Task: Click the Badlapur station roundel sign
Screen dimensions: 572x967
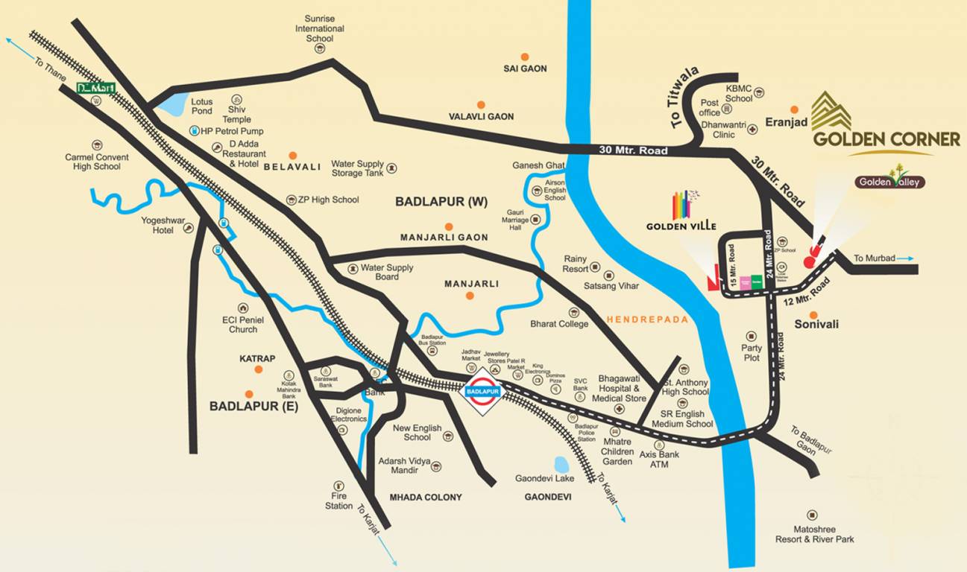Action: [482, 390]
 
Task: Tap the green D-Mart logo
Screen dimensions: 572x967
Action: [96, 88]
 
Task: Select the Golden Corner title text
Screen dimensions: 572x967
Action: [886, 139]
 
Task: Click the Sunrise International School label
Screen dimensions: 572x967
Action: [319, 28]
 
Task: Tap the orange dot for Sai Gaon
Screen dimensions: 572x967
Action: [525, 57]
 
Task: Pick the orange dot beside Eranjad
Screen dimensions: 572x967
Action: [795, 109]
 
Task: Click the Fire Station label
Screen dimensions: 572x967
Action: [338, 500]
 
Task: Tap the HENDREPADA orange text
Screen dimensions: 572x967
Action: [647, 320]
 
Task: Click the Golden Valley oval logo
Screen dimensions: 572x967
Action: [889, 182]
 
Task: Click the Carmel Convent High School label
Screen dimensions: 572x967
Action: [97, 162]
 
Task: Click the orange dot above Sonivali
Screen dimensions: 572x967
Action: [813, 315]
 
